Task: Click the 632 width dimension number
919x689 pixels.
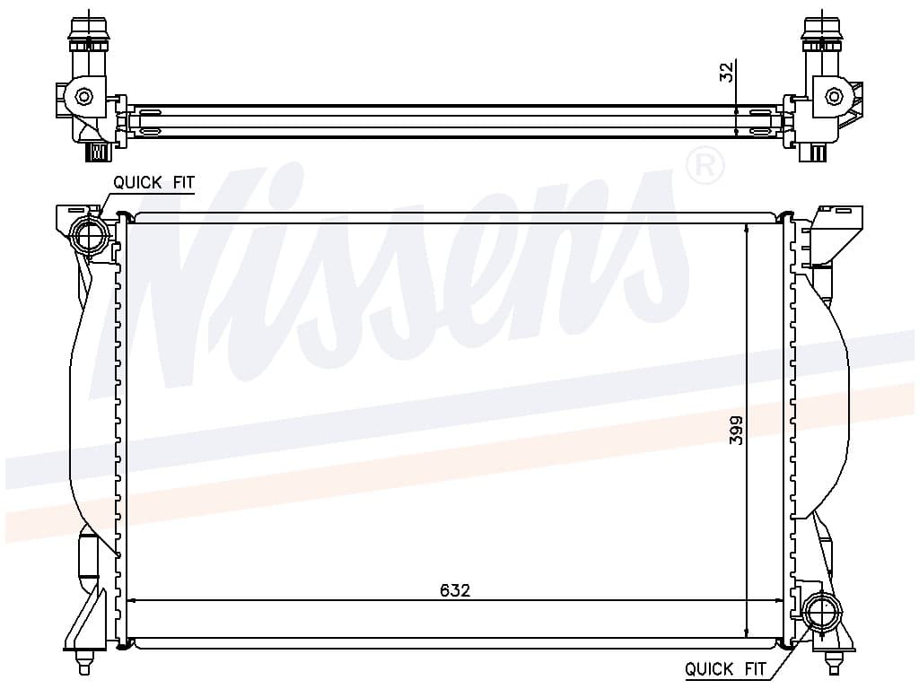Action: [455, 590]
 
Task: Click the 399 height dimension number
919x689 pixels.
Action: [736, 430]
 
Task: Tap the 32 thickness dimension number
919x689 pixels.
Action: [726, 72]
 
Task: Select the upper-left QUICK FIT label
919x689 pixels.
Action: [153, 183]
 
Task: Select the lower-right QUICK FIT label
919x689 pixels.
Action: [725, 668]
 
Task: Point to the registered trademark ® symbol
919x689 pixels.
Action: [705, 166]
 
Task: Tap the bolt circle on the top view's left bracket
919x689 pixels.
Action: [84, 97]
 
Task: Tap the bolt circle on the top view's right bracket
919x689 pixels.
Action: [834, 96]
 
